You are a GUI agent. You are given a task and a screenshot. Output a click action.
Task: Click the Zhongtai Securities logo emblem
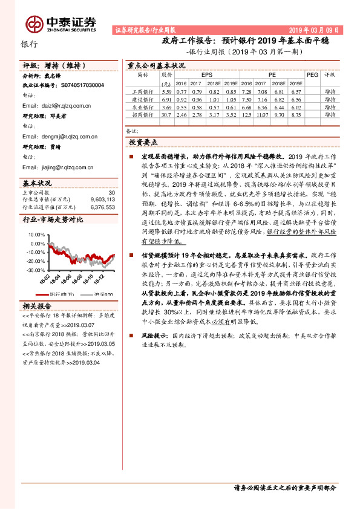pos(34,22)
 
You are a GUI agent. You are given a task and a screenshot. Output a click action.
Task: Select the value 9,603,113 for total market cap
pos(102,199)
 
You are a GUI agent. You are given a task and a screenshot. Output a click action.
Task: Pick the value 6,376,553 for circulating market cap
pos(102,207)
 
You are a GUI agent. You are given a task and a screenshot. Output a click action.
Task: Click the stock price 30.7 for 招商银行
pos(166,113)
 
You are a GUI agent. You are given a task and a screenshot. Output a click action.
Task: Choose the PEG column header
pos(312,75)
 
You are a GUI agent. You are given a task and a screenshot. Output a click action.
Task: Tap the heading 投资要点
pos(143,142)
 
